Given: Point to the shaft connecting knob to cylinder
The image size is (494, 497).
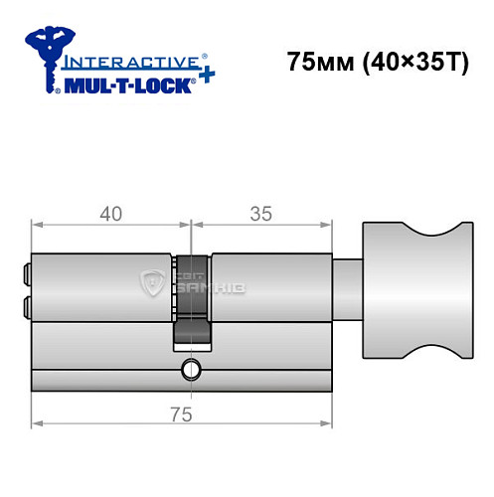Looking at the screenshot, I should tap(346, 288).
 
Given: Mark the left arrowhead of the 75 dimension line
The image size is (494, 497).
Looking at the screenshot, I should tap(36, 425).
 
